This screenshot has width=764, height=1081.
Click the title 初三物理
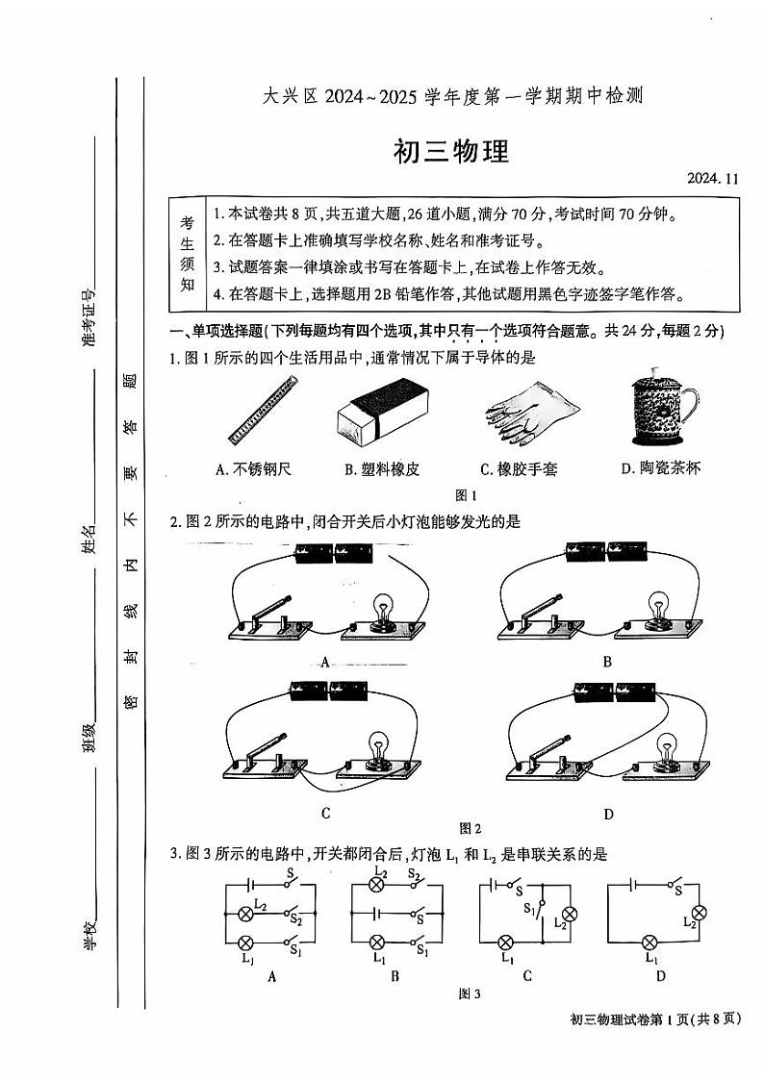click(450, 152)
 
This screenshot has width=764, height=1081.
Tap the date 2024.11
click(715, 179)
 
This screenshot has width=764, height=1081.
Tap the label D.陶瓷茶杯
click(661, 468)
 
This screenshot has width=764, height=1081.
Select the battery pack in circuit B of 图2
click(608, 552)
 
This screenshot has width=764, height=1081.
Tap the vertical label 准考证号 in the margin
click(89, 318)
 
